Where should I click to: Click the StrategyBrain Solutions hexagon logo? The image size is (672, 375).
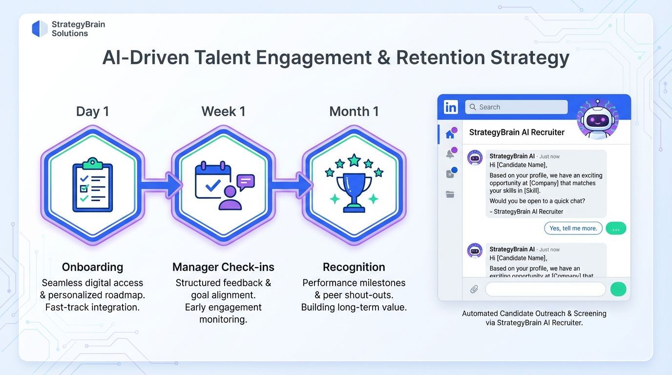pos(40,29)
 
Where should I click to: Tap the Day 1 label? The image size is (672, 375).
pos(92,111)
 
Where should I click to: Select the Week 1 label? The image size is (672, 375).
pos(223,111)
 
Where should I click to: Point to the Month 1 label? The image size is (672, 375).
pos(354,111)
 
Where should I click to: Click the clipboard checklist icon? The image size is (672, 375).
pos(92,185)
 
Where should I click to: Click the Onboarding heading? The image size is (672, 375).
pos(92,267)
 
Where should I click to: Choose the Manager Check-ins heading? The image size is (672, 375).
pos(223,267)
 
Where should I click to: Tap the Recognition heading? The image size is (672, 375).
pos(354,267)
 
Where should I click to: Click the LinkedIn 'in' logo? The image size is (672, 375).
pos(451,107)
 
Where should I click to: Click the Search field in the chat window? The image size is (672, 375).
pos(516,107)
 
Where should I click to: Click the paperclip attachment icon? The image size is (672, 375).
pos(474,289)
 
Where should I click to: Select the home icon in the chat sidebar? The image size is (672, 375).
pos(450,134)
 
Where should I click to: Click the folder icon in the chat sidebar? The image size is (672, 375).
pos(450,194)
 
